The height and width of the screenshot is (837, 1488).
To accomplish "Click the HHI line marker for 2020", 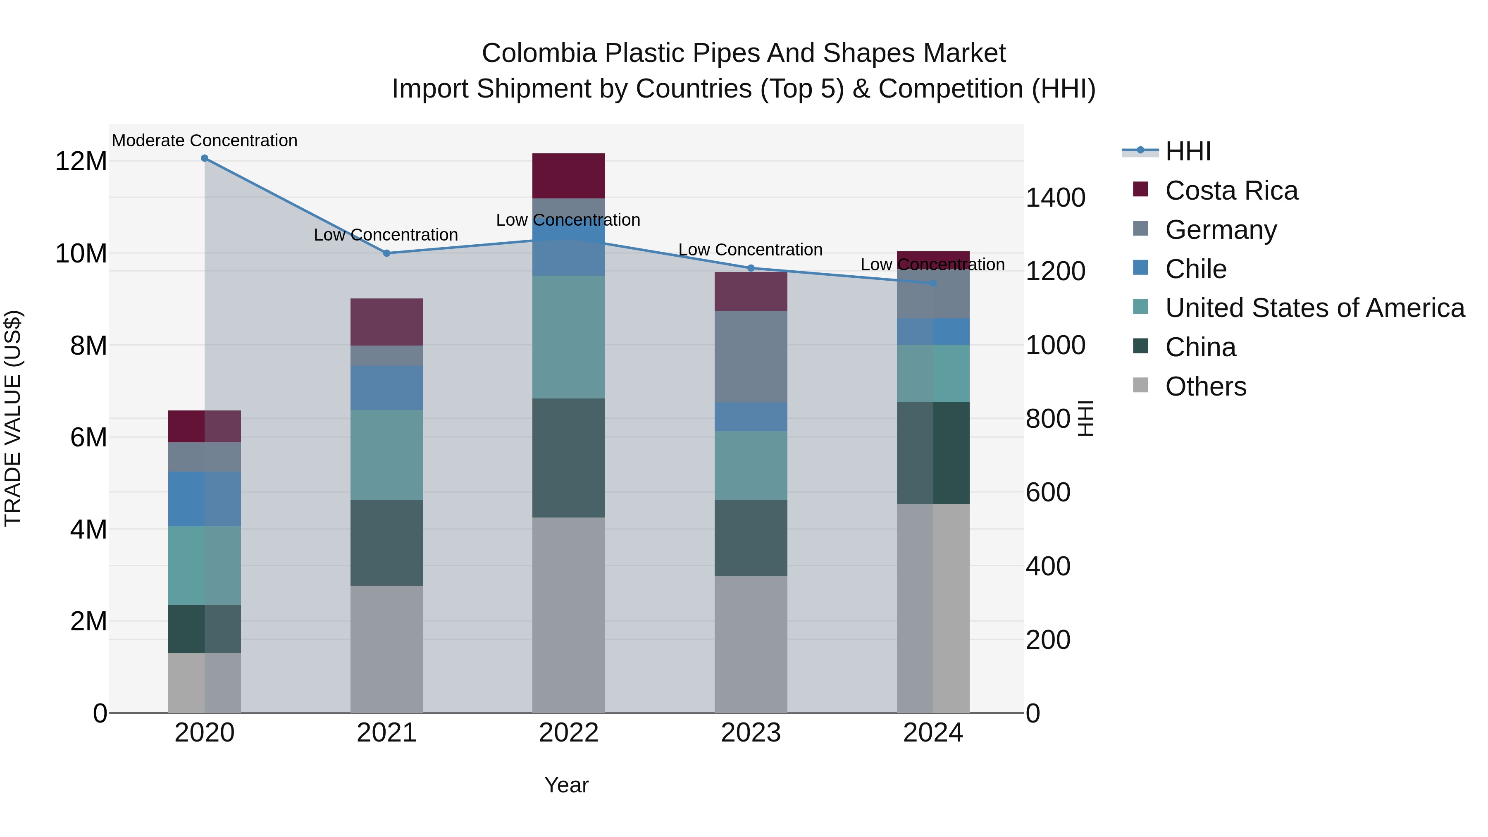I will [205, 158].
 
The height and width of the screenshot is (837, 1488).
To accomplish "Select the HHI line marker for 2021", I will [387, 253].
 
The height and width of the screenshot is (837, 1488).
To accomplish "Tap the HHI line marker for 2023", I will [751, 268].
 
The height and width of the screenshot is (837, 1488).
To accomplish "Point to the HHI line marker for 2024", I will [933, 283].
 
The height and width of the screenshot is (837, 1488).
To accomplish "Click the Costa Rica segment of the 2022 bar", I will [568, 176].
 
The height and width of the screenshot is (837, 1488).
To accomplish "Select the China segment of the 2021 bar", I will [387, 543].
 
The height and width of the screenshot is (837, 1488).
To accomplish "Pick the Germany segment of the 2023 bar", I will [751, 356].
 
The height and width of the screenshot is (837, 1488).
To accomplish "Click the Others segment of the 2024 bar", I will [933, 608].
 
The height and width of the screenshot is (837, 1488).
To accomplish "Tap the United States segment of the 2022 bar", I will [568, 337].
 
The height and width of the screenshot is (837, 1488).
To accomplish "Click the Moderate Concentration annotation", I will [205, 141].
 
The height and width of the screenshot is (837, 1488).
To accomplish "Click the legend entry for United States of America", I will [1315, 308].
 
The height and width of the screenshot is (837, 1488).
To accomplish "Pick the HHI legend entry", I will [1188, 151].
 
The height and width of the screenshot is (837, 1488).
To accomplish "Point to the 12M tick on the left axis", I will [81, 161].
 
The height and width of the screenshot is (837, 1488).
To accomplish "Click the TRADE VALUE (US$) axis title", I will [13, 418].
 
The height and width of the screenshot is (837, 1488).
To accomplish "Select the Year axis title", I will [566, 785].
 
